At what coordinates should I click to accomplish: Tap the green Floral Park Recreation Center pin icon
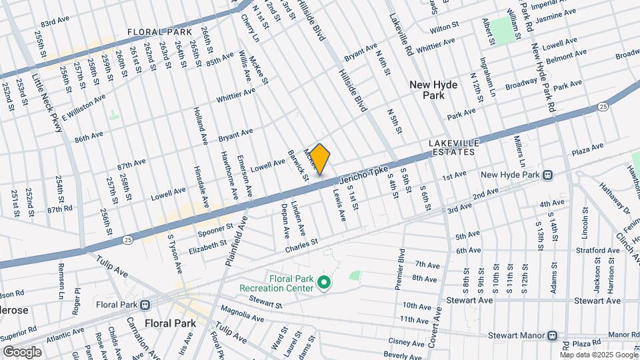pos(324,284)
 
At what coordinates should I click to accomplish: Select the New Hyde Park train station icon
pos(547,175)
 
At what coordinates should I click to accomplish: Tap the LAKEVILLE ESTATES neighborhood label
pos(452,147)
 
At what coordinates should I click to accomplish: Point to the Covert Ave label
pos(434,323)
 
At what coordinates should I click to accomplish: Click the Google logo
pos(22,352)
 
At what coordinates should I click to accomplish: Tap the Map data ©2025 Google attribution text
pos(599,355)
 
